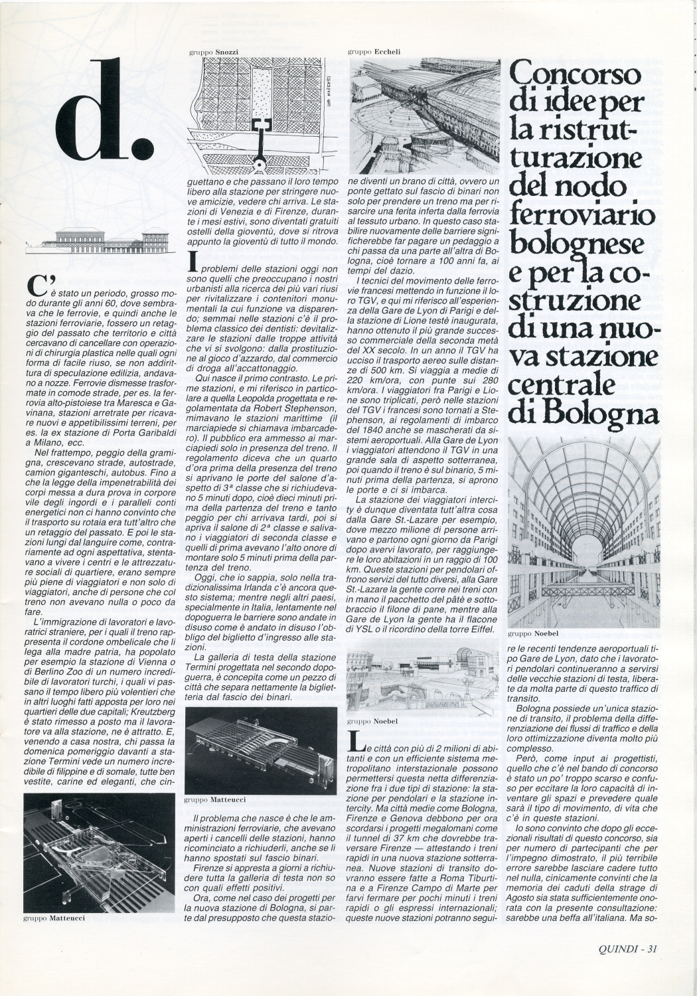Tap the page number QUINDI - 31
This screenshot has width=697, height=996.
point(618,949)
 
